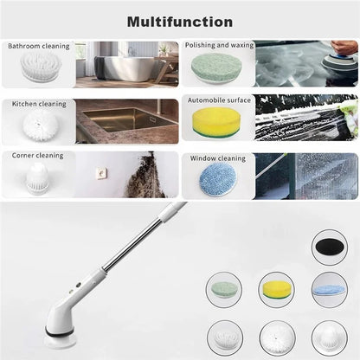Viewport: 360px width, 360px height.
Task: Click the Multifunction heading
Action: coord(180,22)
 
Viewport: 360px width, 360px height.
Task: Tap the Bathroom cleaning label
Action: coord(39,46)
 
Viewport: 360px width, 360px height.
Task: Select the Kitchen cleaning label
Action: coord(39,104)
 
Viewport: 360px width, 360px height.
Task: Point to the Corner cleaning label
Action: coord(37,156)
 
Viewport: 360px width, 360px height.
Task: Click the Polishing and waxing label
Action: coord(219,45)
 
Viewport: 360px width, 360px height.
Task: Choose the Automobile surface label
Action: coord(219,100)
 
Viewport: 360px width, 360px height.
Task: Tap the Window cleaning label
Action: coord(218,158)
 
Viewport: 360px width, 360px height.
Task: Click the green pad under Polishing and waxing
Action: coord(216,68)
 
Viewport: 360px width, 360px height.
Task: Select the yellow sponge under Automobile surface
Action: coord(215,122)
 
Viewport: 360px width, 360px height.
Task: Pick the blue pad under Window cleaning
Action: coord(218,179)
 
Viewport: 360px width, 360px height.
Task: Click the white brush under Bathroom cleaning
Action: coord(41,67)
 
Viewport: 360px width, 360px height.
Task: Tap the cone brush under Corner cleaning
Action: coord(37,178)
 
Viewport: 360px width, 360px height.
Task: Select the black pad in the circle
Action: coord(330,246)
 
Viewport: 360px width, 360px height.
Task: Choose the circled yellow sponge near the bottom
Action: coord(276,290)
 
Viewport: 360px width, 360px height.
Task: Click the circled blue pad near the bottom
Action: coord(330,290)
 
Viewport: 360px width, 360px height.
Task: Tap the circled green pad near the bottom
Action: coord(224,288)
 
